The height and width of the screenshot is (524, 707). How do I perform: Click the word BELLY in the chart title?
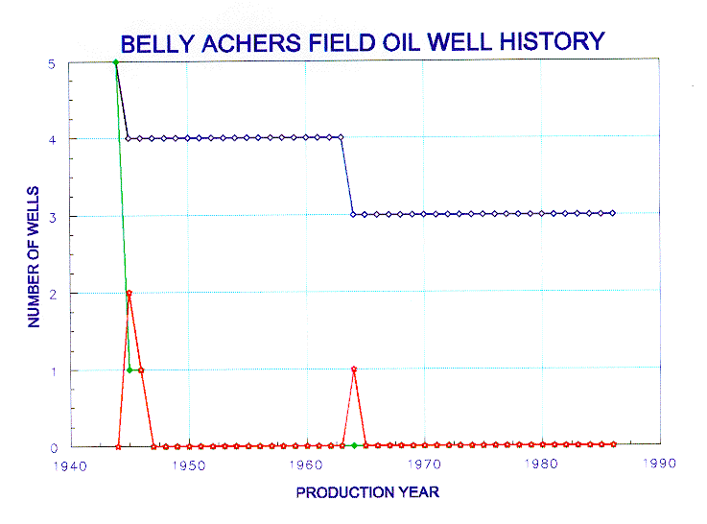point(157,44)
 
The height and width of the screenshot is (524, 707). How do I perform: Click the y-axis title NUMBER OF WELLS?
point(34,256)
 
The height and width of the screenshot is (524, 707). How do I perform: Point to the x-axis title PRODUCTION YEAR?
point(367,492)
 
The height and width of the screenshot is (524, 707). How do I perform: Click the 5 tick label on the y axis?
point(52,64)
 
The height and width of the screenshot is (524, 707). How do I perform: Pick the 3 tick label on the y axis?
point(53,218)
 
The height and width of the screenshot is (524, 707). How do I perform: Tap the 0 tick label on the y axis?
point(54,448)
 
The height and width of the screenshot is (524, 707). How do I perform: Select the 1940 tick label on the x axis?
point(70,465)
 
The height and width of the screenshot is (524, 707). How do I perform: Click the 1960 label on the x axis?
point(306,464)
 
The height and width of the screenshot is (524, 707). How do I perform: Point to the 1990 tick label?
point(659,464)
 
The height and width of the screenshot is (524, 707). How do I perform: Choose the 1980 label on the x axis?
point(541,464)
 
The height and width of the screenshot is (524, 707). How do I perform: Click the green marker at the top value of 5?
point(116,62)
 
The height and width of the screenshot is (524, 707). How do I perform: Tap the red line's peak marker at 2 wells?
point(130,293)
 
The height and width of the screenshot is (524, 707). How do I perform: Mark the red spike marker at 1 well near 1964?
point(354,369)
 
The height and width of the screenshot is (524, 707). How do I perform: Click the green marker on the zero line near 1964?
point(354,445)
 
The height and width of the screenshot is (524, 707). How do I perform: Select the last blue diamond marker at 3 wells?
point(613,213)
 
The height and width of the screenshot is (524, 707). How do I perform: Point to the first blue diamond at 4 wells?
point(128,138)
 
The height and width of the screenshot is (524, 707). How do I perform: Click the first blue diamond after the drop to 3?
point(353,215)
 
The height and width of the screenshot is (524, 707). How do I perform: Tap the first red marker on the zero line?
point(118,447)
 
